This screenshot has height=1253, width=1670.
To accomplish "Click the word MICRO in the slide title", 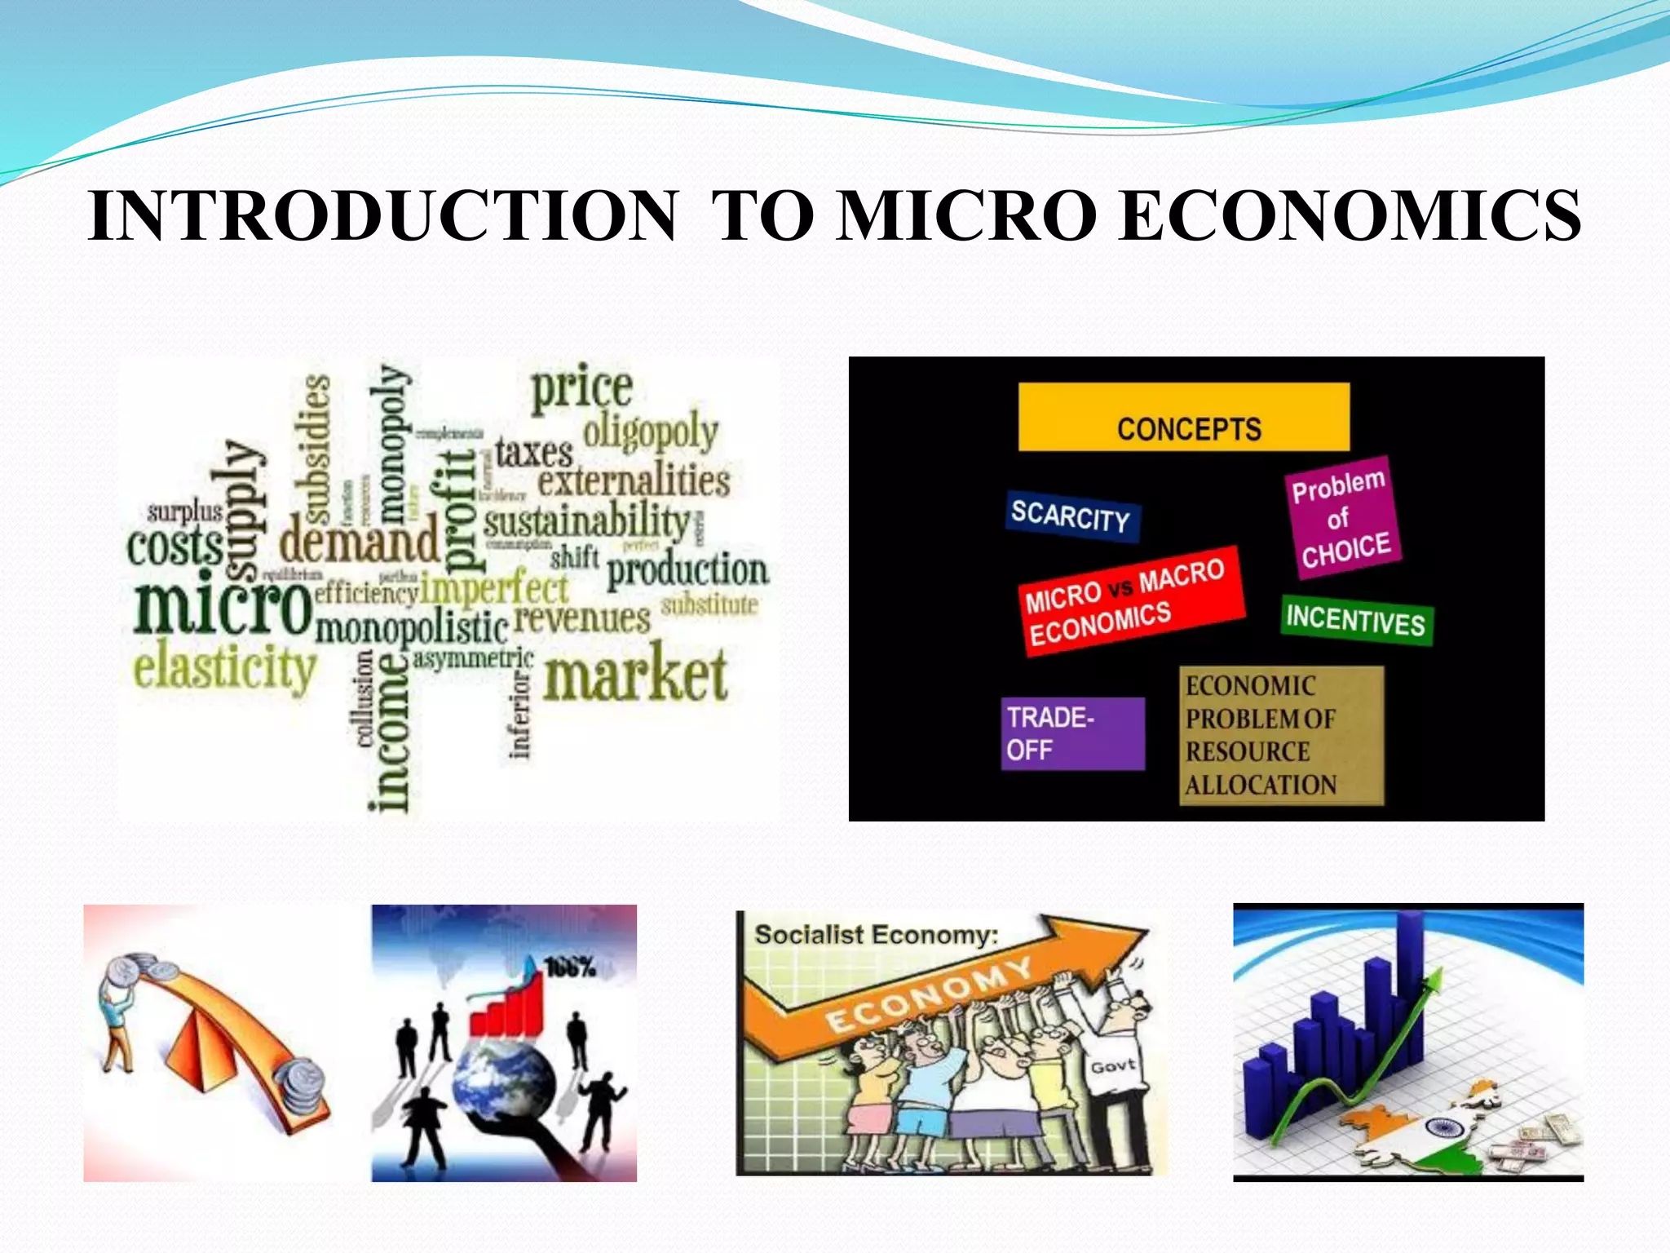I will (x=967, y=216).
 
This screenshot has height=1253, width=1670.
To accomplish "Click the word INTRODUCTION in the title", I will (x=383, y=216).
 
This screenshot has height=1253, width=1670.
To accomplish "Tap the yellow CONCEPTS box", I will (x=1184, y=418).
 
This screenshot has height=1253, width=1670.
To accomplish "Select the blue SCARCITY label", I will (x=1071, y=516).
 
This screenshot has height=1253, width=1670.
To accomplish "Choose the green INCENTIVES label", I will (x=1356, y=621).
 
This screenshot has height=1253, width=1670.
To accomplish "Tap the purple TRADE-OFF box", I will (x=1072, y=733).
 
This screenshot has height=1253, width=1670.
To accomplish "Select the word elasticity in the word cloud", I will (x=224, y=669).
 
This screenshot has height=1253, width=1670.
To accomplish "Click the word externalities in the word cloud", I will (x=633, y=481).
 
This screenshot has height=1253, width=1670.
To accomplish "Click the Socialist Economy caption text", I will (x=876, y=935).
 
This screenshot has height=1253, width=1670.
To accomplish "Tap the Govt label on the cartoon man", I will (x=1112, y=1066).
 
